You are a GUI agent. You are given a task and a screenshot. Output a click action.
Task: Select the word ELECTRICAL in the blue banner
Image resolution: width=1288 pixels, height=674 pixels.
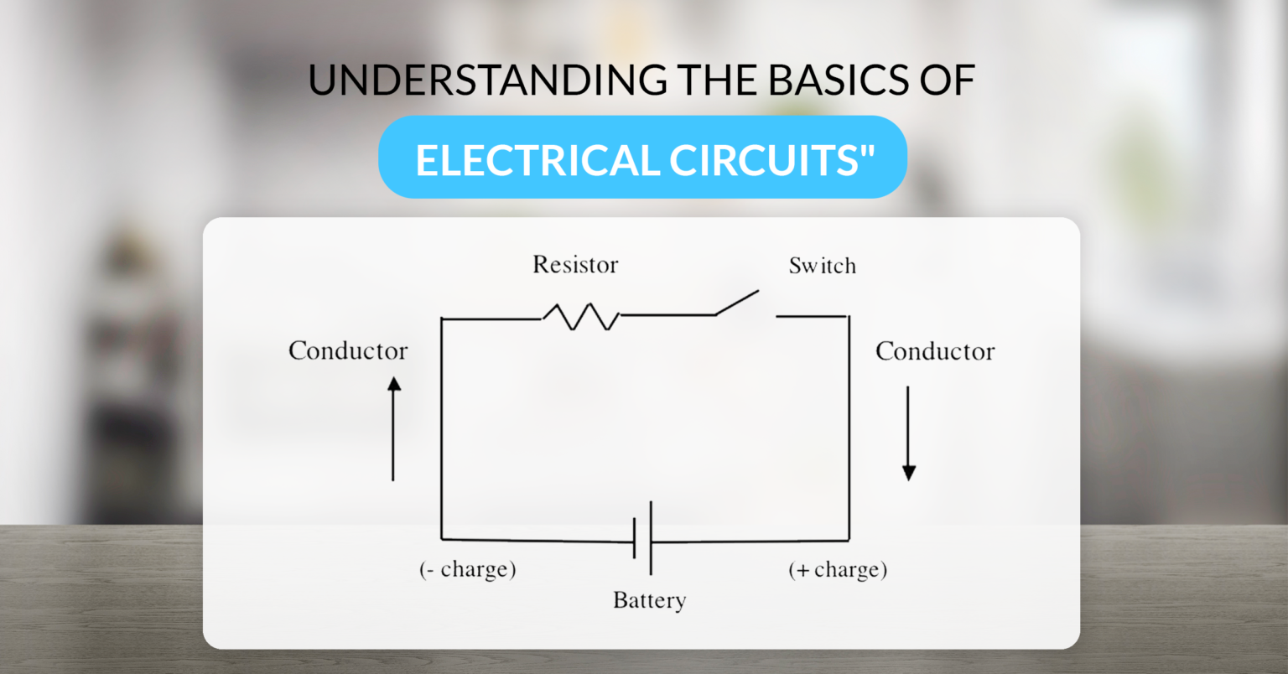point(535,160)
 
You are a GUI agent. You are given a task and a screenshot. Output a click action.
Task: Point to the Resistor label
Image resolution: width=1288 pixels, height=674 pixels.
point(575,265)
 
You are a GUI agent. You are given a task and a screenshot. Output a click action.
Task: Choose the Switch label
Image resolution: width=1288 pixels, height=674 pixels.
point(822,266)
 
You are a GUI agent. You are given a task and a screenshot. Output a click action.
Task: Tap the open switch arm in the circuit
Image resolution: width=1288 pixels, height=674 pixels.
point(737,303)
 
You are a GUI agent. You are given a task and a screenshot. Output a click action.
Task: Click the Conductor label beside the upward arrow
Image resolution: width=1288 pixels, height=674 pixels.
point(348,350)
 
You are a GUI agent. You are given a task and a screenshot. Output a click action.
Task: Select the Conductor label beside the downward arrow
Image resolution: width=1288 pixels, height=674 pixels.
point(935,351)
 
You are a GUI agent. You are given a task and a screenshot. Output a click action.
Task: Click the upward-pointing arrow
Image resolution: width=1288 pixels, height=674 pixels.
point(393,428)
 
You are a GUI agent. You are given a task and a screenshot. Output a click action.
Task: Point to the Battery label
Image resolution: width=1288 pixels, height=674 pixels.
point(649,600)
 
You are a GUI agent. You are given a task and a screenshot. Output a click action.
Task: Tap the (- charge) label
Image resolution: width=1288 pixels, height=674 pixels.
point(467,570)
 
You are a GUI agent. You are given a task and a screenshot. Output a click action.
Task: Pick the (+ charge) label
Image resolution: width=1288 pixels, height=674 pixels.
point(837,570)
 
